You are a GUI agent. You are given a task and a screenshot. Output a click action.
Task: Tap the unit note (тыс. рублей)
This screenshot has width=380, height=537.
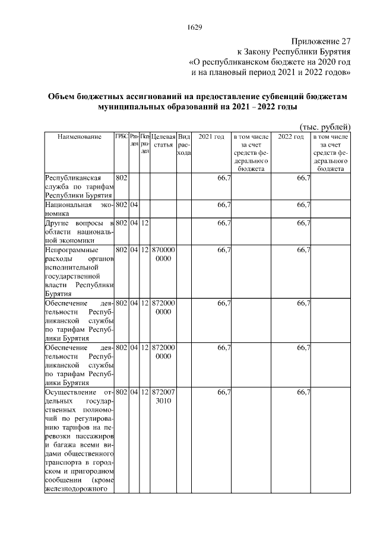pos(324,126)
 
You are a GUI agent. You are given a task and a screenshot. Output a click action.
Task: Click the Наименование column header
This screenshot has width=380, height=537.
pos(79,138)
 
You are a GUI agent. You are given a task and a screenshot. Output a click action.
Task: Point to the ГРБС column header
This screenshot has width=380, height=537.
pos(121,137)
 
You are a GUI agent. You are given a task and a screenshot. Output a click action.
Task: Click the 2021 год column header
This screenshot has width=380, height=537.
pos(211,138)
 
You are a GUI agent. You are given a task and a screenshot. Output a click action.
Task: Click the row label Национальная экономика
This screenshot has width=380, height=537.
pos(79,209)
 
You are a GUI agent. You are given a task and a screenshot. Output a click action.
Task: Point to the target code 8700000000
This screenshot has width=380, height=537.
pos(163,255)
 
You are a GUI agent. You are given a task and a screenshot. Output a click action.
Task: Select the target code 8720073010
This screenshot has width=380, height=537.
pos(163,397)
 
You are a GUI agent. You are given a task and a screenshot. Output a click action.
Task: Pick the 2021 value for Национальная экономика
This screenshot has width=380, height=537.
pos(224,205)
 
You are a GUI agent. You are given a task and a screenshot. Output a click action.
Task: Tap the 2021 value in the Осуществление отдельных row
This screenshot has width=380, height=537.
pos(224,392)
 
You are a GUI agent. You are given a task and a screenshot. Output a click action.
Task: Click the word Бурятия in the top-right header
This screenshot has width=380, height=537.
pos(329,52)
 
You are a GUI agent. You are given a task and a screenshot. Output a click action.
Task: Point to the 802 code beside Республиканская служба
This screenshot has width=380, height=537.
pos(121,178)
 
